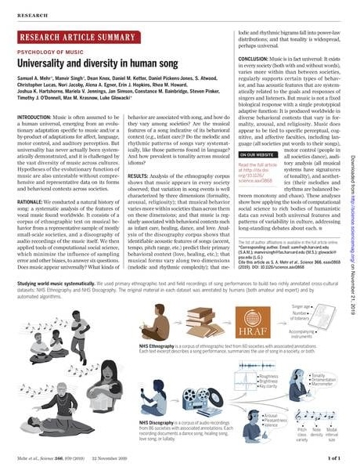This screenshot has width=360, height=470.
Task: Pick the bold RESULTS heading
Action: click(x=136, y=154)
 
